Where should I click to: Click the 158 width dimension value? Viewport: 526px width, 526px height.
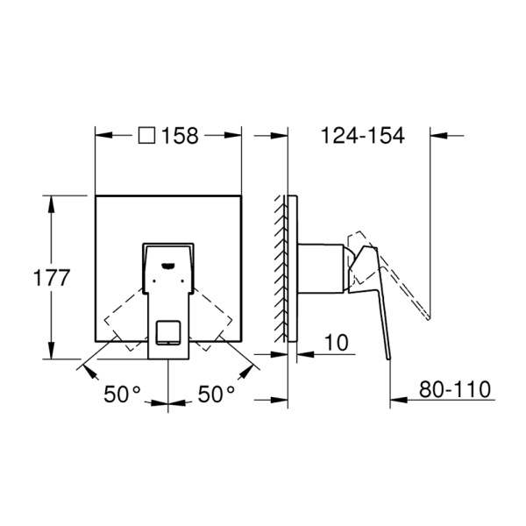180,136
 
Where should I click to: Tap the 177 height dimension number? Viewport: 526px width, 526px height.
52,278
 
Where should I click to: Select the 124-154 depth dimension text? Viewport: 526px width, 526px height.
363,136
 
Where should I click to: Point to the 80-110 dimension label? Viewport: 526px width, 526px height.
455,389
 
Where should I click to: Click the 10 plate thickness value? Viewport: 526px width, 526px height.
337,343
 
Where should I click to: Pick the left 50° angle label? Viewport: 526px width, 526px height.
122,394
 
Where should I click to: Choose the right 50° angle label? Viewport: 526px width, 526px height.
216,394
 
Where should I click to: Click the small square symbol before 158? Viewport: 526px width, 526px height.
147,136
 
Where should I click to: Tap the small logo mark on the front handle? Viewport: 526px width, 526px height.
167,266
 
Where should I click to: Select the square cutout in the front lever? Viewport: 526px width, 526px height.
168,332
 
